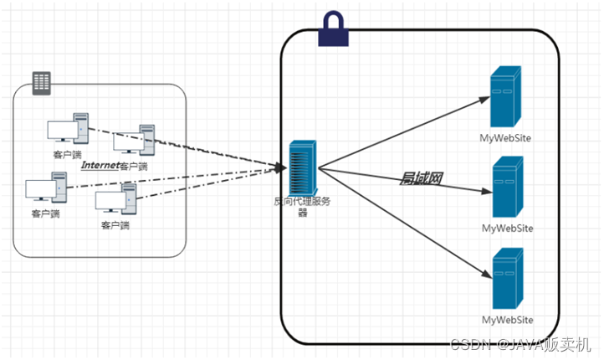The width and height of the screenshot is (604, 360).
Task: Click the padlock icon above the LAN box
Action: pyautogui.click(x=334, y=30)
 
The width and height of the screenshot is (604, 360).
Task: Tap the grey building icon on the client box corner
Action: pyautogui.click(x=41, y=84)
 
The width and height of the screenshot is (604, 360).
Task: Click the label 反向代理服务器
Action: pyautogui.click(x=302, y=207)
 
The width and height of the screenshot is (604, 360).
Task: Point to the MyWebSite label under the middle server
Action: pyautogui.click(x=507, y=229)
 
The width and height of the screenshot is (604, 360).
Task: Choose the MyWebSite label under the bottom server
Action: pyautogui.click(x=507, y=320)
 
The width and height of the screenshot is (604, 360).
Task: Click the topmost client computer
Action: pyautogui.click(x=69, y=129)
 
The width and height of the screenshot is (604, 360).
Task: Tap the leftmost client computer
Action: pyautogui.click(x=47, y=188)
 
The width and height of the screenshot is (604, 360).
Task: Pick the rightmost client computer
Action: pyautogui.click(x=135, y=140)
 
